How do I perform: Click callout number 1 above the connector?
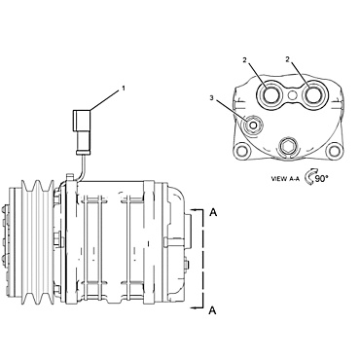pyautogui.click(x=123, y=90)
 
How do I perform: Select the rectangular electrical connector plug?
pyautogui.click(x=81, y=126)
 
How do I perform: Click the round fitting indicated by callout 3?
pyautogui.click(x=253, y=126)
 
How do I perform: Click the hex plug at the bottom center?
pyautogui.click(x=288, y=149)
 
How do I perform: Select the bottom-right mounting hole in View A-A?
pyautogui.click(x=334, y=151)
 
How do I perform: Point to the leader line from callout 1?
pyautogui.click(x=103, y=100)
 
